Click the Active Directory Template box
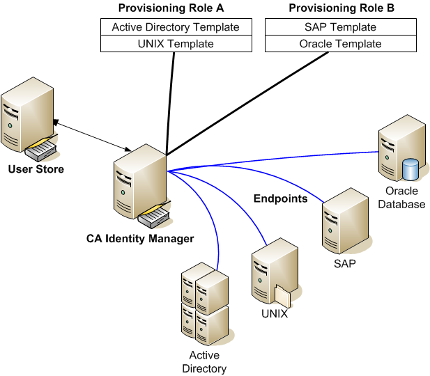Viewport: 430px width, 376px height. [176, 27]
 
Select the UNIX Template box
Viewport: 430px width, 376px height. [176, 44]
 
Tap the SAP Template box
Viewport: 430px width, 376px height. [341, 27]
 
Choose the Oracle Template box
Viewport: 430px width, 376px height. [341, 44]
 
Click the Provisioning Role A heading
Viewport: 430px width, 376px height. [176, 8]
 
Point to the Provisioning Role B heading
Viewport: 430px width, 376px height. [341, 8]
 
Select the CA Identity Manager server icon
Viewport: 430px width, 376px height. [139, 185]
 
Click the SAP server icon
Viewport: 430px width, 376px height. [345, 223]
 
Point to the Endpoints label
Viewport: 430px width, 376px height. [279, 198]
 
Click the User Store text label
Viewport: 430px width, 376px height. [36, 169]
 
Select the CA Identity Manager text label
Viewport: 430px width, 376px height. [140, 238]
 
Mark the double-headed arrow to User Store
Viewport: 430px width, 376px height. [91, 136]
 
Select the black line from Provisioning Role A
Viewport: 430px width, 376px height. [170, 104]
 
